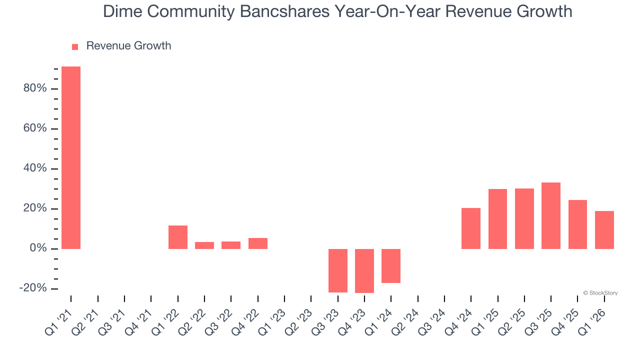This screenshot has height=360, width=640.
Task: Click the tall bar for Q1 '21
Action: pos(71,157)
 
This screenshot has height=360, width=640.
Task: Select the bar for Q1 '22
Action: pos(178,237)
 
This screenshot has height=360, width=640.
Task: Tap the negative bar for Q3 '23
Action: pos(338,270)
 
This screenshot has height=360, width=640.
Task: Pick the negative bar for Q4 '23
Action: pos(364,271)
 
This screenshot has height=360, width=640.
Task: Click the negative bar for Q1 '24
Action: pos(391,266)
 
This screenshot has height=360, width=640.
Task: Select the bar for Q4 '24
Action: pos(471,228)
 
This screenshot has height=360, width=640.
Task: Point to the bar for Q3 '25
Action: pos(551,215)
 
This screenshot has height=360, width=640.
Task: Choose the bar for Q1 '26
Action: pos(604,230)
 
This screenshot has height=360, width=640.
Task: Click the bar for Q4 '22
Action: pos(258,243)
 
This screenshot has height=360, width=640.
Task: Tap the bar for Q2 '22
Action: pos(204,245)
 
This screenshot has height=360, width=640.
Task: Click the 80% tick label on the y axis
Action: pos(35,88)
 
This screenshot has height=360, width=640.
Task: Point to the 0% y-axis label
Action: pos(38,248)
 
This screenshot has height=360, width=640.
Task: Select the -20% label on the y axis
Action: pos(33,288)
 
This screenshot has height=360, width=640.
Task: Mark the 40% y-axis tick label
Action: pos(35,168)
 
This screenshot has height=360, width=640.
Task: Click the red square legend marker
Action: pos(75,46)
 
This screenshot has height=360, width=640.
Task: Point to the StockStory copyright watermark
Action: pos(600,293)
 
